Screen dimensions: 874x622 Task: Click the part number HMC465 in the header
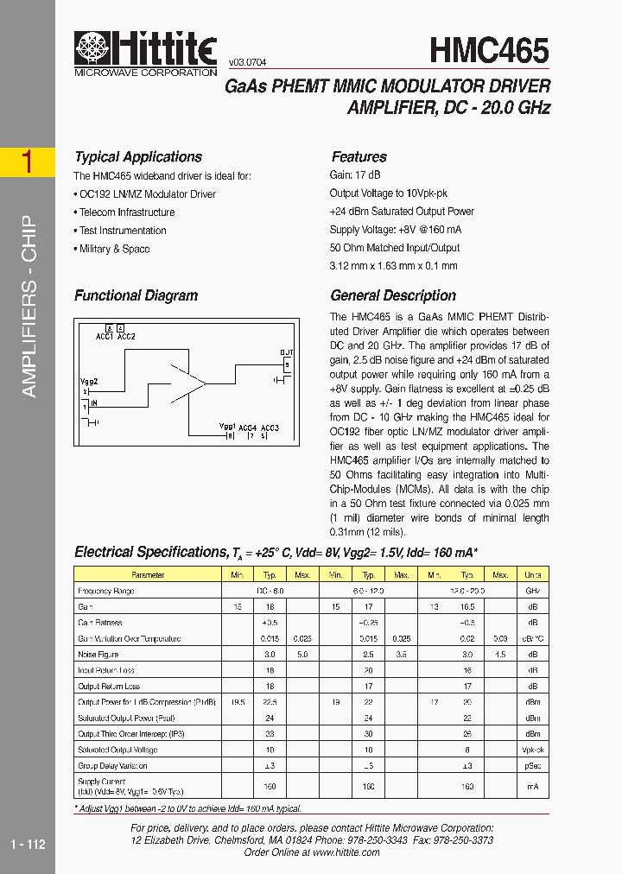pos(489,50)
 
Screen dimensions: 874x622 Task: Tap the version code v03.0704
pos(247,63)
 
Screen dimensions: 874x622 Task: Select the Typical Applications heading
pos(138,157)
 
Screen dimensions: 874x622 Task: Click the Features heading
pos(359,157)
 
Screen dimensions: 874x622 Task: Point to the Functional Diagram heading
pos(136,295)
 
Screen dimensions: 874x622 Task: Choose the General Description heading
pos(393,295)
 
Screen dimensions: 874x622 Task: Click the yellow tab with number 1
pos(28,162)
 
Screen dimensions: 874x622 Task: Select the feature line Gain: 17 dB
pos(354,174)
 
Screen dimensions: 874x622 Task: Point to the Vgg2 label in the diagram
pos(89,381)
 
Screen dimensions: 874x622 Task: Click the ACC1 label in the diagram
pos(105,336)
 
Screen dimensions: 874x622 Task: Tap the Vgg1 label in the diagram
pos(227,427)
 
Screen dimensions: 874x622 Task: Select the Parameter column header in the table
pos(148,575)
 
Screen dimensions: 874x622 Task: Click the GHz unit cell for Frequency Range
pos(533,592)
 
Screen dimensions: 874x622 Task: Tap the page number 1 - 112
pos(28,845)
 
